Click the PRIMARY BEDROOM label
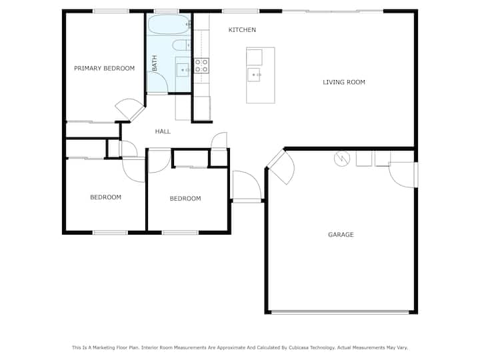point(105,68)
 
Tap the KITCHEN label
point(242,30)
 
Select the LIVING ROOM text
point(344,82)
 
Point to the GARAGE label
point(341,235)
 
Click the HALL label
point(163,131)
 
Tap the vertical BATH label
point(155,63)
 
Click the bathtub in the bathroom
point(169,25)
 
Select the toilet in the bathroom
point(181,45)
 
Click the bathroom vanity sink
point(183,70)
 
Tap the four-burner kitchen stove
point(201,66)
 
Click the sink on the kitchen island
point(254,75)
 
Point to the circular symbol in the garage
point(341,159)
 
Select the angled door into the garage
point(282,167)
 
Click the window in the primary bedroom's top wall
point(111,11)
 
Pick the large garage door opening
point(340,312)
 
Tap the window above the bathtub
point(167,11)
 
